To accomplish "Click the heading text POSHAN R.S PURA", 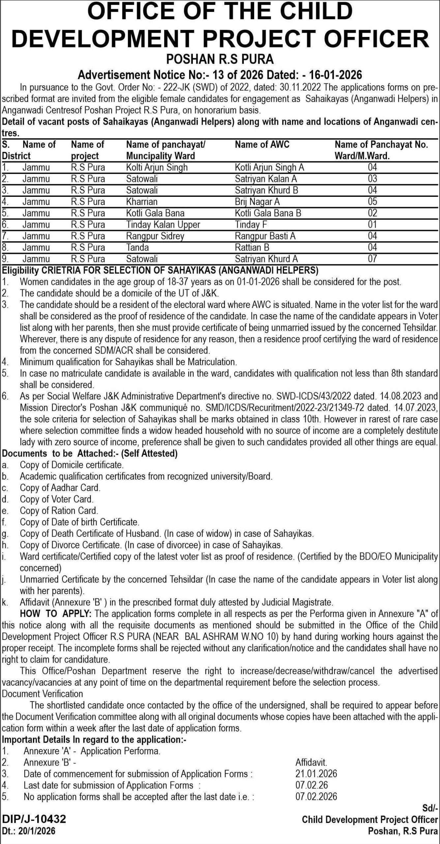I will coord(220,59).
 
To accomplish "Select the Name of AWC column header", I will coord(262,144).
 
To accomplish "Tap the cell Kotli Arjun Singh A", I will coord(269,167).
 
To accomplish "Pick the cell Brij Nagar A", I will coord(257,202).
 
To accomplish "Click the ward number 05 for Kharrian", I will coord(372,202).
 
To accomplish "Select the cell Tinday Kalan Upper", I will coord(163,225).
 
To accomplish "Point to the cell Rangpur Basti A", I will coord(265,236).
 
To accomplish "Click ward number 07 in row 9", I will coord(372,259).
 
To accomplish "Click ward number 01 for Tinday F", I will coord(372,225).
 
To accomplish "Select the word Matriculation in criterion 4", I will coord(212,362).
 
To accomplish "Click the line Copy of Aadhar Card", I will coord(60,488).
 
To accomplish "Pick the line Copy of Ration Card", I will coord(59,511).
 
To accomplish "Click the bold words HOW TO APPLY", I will coord(55,614).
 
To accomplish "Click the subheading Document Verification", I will coord(43,694).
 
